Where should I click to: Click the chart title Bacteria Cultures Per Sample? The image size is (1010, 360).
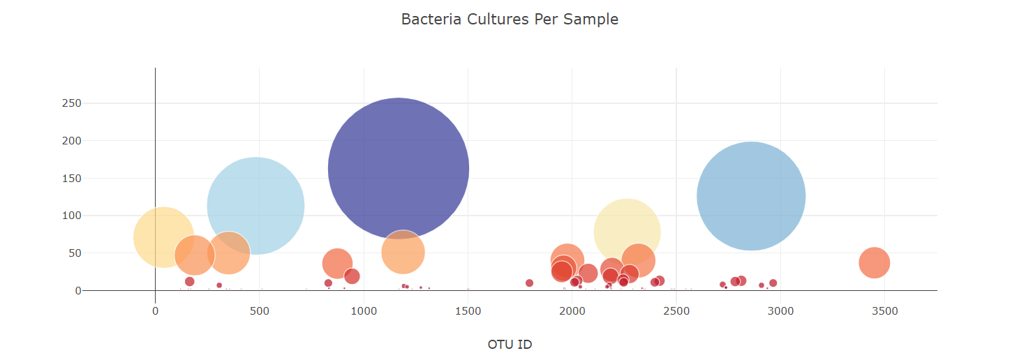coord(510,20)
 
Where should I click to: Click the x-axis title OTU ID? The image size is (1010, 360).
coord(510,344)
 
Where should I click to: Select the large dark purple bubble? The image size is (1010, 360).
coord(398,168)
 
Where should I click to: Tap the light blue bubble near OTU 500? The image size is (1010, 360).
coord(255,206)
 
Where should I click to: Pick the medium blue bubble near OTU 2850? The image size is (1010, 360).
coord(751,196)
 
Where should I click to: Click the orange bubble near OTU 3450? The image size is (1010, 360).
coord(874,263)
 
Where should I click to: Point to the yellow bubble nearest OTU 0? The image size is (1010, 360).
coord(163,237)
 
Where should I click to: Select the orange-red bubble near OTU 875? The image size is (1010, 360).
coord(337,263)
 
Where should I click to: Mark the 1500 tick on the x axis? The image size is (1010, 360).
coord(468,311)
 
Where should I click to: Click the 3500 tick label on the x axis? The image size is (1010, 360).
coord(884,311)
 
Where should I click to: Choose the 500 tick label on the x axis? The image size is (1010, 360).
coord(259,311)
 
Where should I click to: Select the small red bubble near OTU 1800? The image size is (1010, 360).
coord(529,283)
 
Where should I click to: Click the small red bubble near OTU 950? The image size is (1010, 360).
coord(352,276)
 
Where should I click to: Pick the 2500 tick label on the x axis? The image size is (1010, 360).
coord(676,311)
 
